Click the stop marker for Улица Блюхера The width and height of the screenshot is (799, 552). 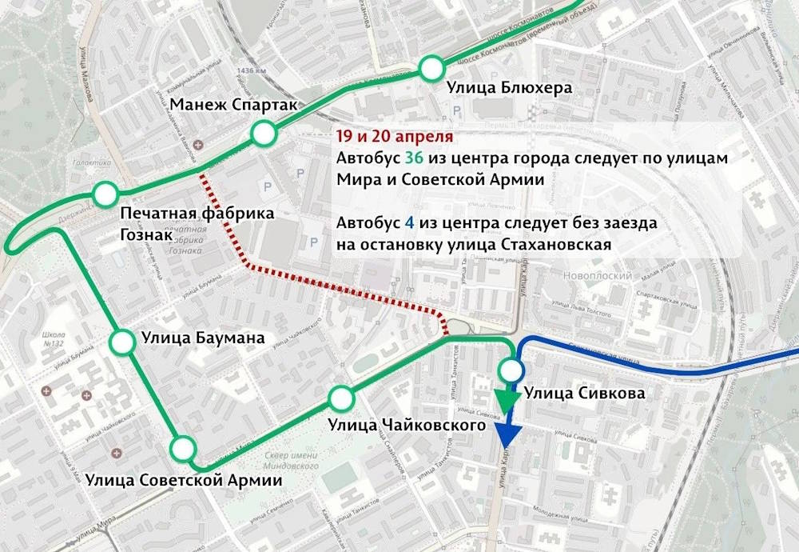coord(431,69)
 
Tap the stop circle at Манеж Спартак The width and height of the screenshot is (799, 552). coord(263,134)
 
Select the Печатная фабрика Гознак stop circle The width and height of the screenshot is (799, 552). coord(105,194)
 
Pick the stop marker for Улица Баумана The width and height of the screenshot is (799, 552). coord(122,342)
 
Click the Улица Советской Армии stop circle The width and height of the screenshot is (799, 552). coord(183,448)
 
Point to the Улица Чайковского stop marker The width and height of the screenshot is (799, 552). coord(341,397)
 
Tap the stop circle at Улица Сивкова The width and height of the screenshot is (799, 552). coord(511,370)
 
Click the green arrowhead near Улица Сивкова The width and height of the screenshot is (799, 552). coord(504,399)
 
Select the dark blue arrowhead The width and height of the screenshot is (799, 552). coord(508,436)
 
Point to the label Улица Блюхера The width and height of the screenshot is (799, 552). coord(509,88)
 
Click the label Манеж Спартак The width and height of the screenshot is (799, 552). coord(233,106)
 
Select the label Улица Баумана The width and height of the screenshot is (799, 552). coord(203,338)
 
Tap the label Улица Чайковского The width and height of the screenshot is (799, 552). coord(407,424)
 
